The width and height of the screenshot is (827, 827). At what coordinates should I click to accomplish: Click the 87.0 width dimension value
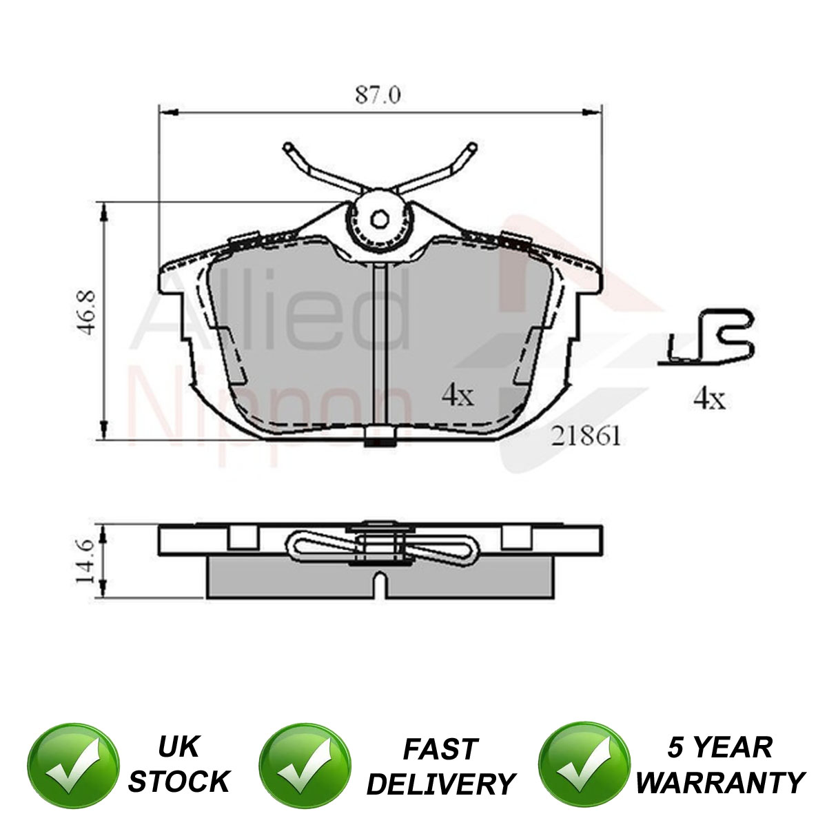coord(378,95)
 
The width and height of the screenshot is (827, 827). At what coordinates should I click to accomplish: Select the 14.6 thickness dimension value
coord(85,562)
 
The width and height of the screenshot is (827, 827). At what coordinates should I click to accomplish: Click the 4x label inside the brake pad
coord(458,396)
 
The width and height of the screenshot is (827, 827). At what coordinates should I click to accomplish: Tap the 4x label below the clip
coord(709,399)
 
